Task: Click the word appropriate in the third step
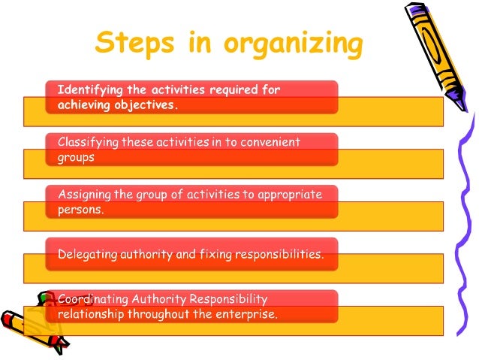pos(288,195)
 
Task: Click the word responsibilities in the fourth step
pos(279,255)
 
